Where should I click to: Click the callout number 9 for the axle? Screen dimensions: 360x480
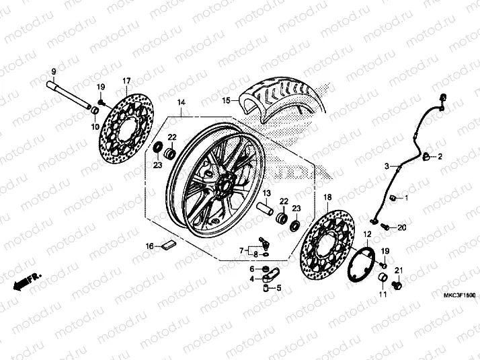click(x=54, y=72)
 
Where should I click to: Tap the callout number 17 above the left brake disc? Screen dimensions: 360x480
click(x=126, y=81)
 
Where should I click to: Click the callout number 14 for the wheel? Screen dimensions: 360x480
click(x=181, y=103)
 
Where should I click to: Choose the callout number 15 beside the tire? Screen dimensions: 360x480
click(x=227, y=101)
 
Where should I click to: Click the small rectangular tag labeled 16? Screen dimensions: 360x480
click(x=168, y=245)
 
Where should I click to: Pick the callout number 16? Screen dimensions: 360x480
click(x=151, y=246)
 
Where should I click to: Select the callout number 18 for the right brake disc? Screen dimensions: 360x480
click(x=328, y=196)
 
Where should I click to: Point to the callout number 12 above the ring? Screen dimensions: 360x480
click(x=368, y=233)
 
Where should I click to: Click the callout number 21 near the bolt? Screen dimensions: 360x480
click(x=397, y=271)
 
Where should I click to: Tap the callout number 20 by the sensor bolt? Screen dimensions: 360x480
click(x=402, y=227)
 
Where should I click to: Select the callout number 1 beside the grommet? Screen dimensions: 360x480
click(x=405, y=198)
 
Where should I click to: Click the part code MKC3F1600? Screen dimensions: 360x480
click(x=459, y=295)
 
